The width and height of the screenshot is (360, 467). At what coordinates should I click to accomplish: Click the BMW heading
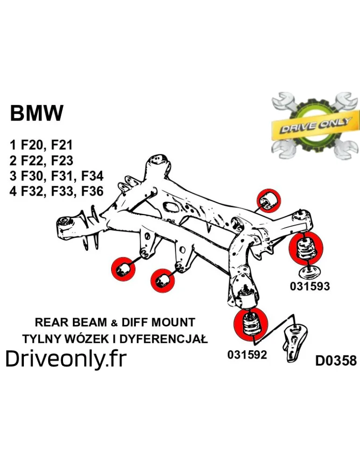[x=36, y=113]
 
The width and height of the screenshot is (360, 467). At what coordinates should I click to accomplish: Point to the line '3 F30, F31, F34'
[x=56, y=176]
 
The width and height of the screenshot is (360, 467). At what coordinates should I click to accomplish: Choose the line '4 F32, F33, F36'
[x=56, y=191]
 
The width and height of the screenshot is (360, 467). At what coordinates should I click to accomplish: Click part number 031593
[x=310, y=286]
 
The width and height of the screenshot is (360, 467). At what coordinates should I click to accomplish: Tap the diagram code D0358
[x=336, y=361]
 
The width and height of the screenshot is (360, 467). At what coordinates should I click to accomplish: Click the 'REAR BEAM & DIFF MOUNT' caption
[x=115, y=322]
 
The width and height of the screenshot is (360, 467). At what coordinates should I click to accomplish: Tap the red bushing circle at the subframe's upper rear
[x=271, y=200]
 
